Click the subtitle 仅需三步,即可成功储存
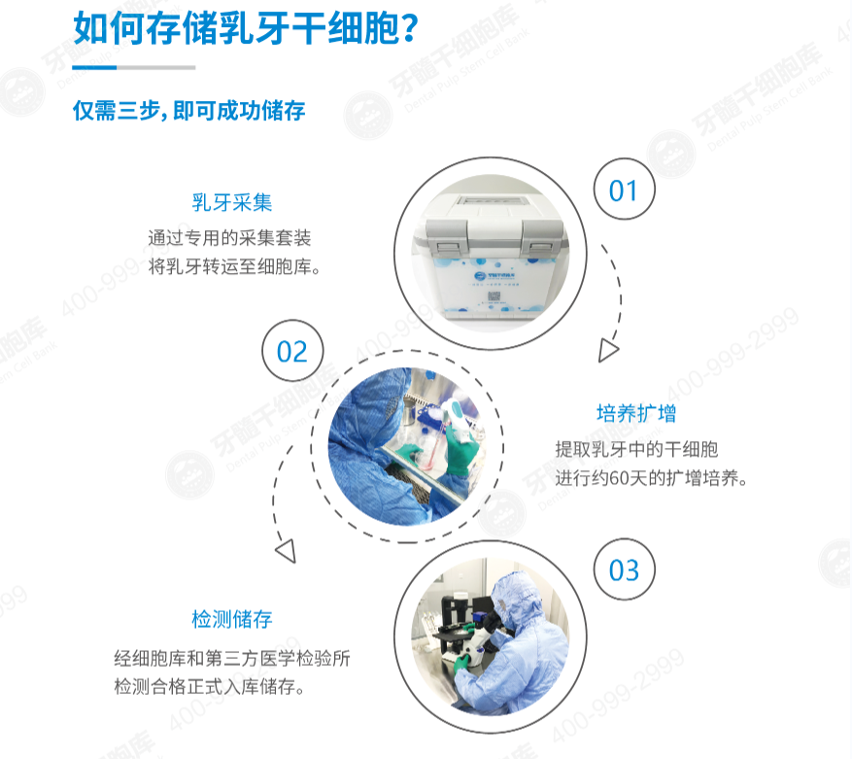[x=189, y=110]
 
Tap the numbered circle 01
[x=623, y=190]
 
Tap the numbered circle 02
[x=291, y=351]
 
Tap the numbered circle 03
[x=624, y=569]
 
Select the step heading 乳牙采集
[x=231, y=203]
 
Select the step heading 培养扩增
[x=636, y=413]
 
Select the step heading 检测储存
[x=231, y=619]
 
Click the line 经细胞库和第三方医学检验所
[x=231, y=659]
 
